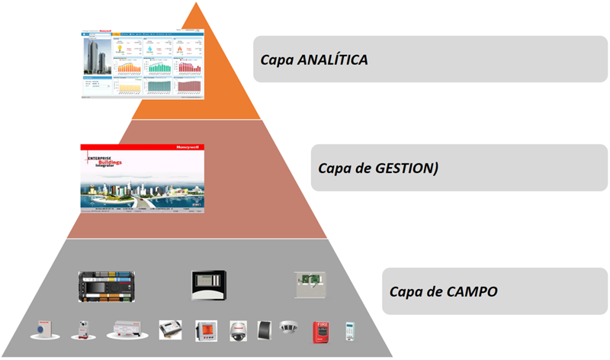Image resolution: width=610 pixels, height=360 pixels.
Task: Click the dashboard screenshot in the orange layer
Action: (x=144, y=63)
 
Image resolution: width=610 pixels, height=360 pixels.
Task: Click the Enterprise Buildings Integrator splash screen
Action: (x=142, y=177)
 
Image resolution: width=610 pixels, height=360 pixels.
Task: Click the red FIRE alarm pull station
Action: (x=321, y=332)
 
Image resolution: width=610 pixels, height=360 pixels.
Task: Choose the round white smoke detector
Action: (x=288, y=326)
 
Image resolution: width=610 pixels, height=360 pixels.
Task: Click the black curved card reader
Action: (x=264, y=330)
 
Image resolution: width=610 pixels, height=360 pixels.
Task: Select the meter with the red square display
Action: (x=206, y=330)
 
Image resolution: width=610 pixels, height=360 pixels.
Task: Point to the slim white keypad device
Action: (x=351, y=331)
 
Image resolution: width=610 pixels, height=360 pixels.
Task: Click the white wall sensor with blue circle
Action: (x=41, y=330)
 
